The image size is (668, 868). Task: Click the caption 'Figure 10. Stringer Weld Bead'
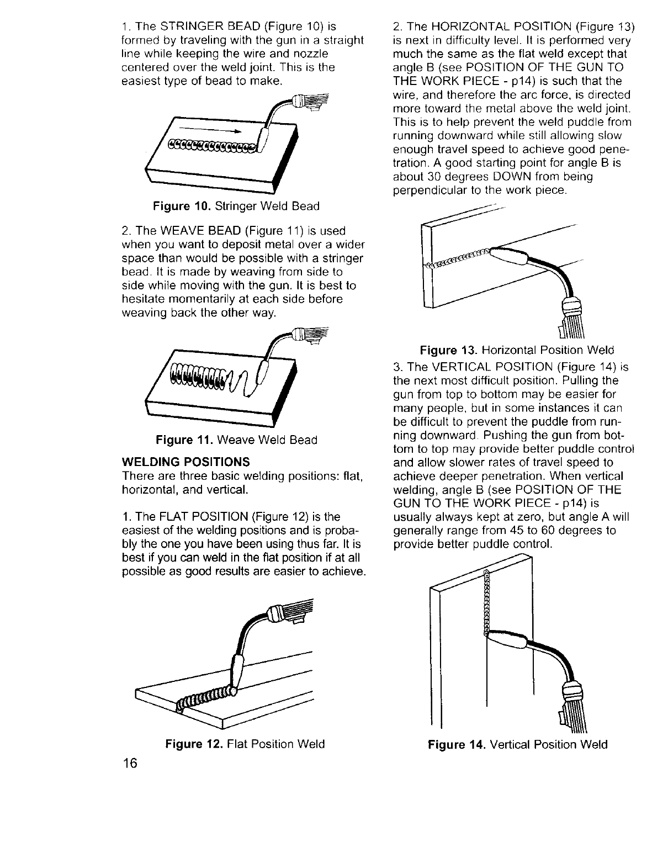(x=236, y=207)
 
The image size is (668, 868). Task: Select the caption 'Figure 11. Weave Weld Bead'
(x=237, y=440)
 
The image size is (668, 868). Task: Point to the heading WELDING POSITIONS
(x=185, y=461)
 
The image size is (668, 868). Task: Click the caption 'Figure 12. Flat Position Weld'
(x=245, y=744)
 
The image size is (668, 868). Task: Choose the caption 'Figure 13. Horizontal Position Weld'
(x=517, y=350)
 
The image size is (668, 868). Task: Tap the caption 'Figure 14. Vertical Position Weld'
(x=518, y=744)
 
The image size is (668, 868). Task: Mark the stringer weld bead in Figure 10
(x=213, y=145)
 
